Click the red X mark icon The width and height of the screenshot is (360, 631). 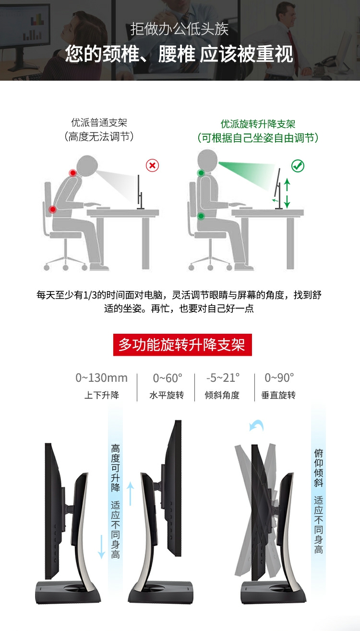(152, 165)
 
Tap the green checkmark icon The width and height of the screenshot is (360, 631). (298, 166)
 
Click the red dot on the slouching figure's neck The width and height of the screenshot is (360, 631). (73, 173)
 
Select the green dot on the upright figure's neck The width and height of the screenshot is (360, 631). (201, 173)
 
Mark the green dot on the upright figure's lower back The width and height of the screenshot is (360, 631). (201, 216)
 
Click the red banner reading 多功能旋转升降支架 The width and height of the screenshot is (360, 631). (182, 345)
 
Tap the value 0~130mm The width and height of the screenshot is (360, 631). (101, 378)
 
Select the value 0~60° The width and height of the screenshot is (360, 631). (168, 378)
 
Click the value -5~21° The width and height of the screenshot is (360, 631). (223, 378)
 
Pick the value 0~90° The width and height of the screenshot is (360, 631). (279, 378)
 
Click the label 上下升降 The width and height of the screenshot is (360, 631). (102, 395)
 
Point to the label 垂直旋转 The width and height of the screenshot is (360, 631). (278, 395)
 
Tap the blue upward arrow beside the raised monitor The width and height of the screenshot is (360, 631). (130, 494)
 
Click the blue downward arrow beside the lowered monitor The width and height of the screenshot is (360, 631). (101, 547)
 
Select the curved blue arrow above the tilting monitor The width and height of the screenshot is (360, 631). (256, 425)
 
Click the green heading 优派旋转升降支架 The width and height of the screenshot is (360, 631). (258, 124)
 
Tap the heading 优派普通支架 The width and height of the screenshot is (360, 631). (99, 123)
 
